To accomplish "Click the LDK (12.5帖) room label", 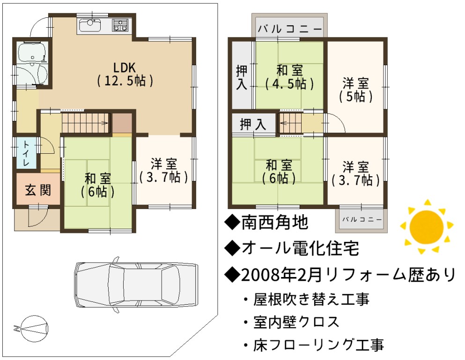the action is click(125, 74).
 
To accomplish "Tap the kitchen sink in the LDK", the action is click(90, 25).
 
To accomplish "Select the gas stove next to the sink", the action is click(120, 25).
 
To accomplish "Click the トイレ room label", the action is click(26, 153).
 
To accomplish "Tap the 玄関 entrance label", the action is click(37, 190).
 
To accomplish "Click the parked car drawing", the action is click(136, 285).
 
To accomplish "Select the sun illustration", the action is click(427, 227).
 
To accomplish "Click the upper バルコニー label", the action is click(290, 29).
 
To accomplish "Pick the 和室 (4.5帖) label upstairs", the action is click(289, 77).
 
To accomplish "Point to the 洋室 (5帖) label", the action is click(355, 90).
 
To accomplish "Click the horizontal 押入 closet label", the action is click(253, 124).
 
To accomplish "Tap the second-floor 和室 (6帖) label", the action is click(279, 172).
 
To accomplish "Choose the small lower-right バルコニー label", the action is click(362, 220).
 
